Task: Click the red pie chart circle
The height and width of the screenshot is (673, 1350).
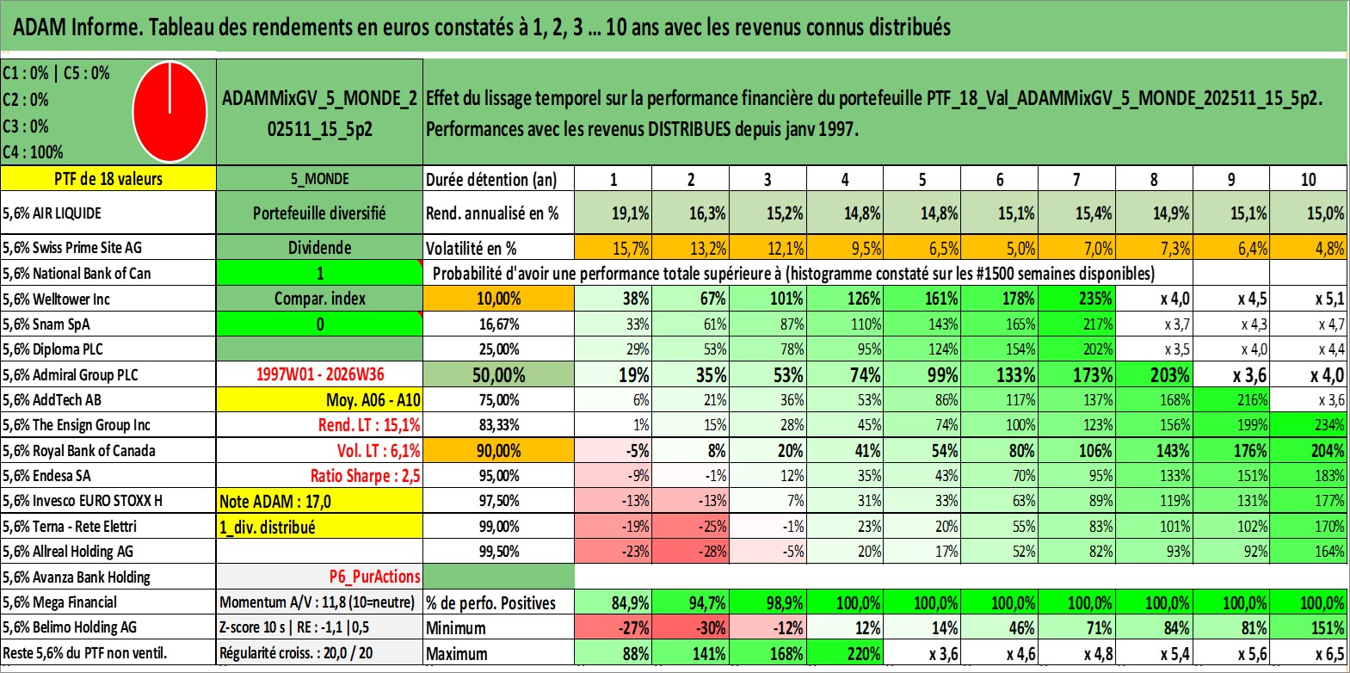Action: tap(170, 112)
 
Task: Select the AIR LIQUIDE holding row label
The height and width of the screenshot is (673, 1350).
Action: tap(52, 213)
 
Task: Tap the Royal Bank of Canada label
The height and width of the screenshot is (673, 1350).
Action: tap(79, 450)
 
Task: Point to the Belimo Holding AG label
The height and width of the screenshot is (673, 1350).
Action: tap(70, 627)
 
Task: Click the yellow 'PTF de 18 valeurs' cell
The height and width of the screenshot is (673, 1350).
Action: tap(108, 178)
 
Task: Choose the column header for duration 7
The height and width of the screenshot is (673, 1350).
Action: tap(1076, 179)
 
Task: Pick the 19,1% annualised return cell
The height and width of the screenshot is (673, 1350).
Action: tap(613, 213)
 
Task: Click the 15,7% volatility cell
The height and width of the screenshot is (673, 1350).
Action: tap(613, 248)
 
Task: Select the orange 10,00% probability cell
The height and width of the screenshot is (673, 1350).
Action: tap(498, 299)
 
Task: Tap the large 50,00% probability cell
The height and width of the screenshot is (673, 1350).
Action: tap(498, 374)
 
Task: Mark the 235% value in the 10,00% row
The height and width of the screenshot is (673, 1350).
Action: tap(1076, 299)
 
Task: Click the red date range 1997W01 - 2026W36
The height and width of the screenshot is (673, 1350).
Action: tap(320, 374)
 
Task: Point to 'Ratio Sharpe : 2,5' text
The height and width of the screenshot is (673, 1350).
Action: tap(365, 476)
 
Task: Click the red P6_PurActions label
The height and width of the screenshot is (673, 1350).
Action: tap(374, 577)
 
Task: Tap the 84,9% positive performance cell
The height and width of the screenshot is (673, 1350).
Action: tap(613, 602)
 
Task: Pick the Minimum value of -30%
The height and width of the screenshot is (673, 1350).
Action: tap(691, 627)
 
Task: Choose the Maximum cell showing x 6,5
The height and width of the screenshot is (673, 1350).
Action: tap(1309, 654)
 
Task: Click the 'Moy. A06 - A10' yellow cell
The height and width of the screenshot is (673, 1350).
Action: tap(319, 400)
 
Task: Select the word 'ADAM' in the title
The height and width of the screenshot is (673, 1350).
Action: tap(40, 28)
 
